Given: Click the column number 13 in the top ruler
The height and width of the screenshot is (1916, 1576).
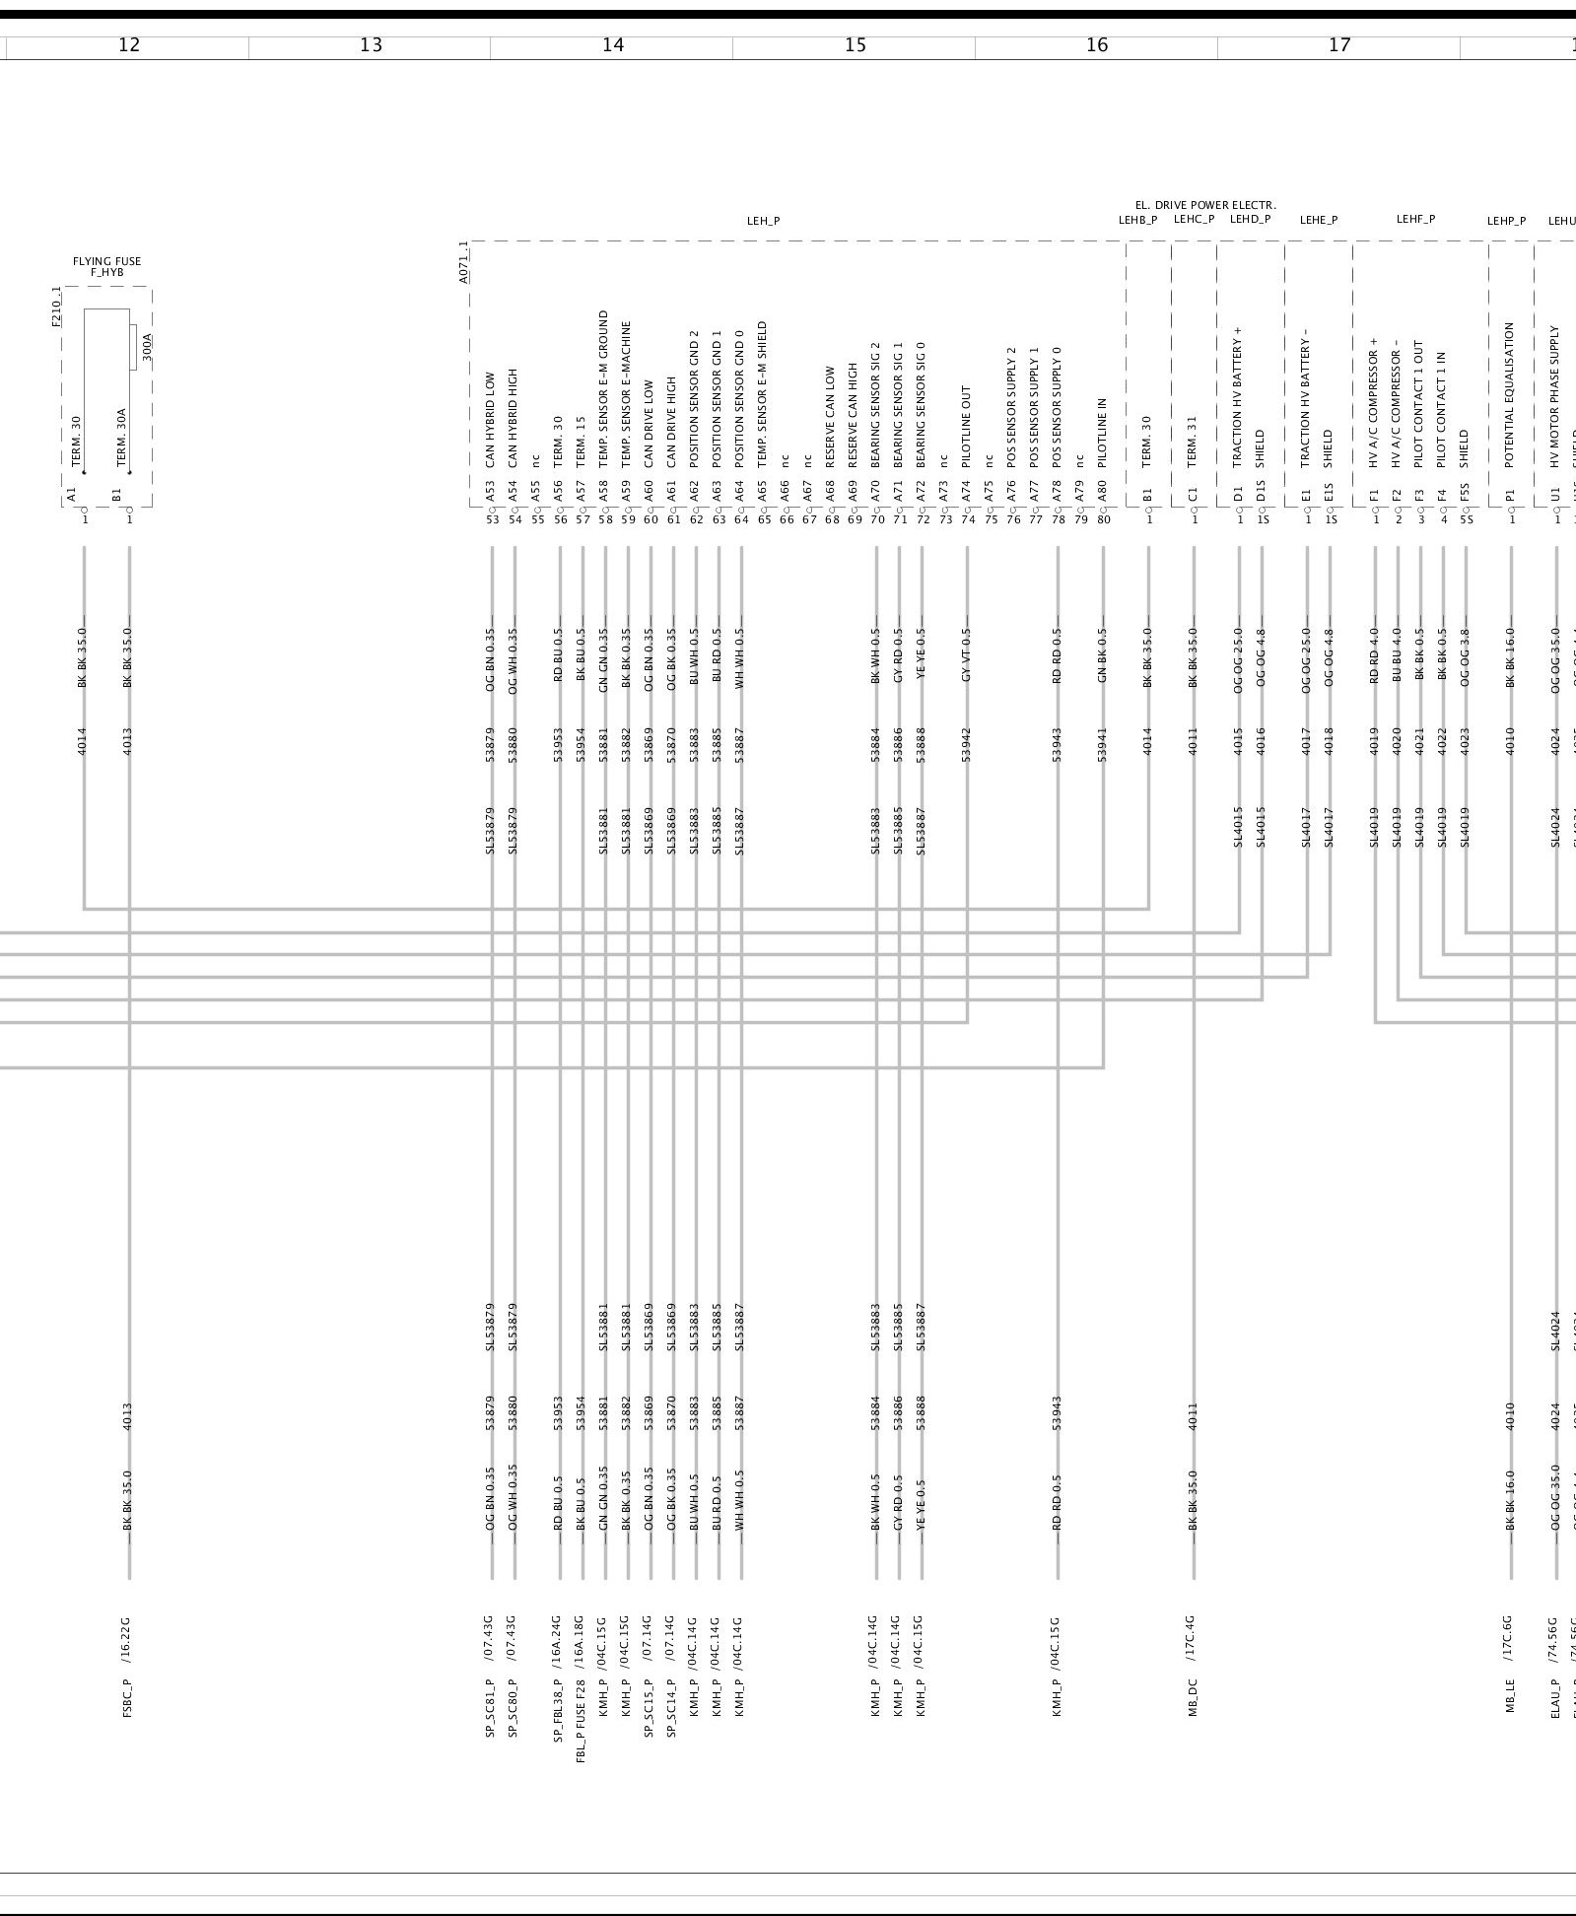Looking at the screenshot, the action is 371,45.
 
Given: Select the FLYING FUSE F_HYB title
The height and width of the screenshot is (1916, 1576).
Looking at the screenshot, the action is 106,266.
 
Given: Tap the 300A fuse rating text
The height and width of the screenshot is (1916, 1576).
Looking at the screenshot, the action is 148,348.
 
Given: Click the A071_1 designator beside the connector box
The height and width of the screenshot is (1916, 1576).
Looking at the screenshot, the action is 464,262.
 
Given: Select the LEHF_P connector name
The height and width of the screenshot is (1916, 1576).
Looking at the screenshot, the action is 1415,220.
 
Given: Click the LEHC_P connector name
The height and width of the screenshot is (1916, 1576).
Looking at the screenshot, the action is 1194,220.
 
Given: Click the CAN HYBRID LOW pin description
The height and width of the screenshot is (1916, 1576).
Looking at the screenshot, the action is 491,419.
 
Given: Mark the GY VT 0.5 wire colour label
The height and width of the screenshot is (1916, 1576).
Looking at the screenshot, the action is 967,655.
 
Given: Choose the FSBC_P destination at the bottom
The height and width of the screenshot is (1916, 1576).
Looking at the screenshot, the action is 128,1696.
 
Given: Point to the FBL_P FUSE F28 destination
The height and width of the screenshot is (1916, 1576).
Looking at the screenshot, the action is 582,1714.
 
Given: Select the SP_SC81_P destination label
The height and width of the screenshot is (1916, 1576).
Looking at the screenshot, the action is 490,1704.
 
